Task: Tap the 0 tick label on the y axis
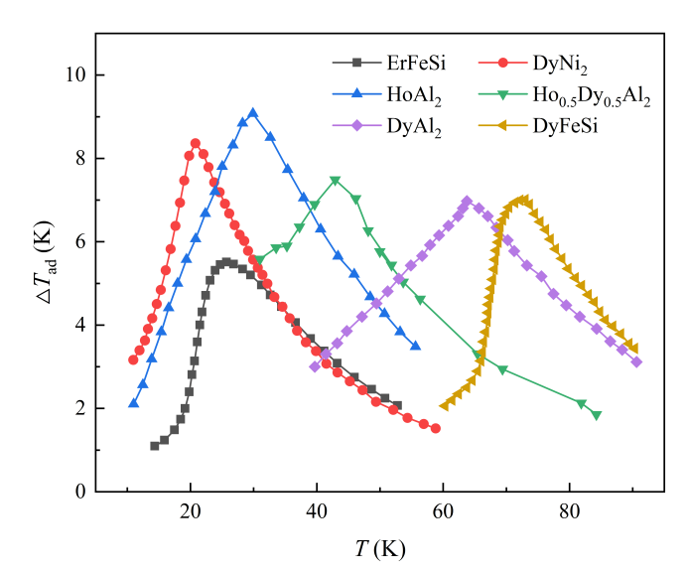(x=78, y=492)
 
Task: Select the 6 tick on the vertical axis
(x=78, y=242)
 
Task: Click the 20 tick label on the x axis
(x=191, y=513)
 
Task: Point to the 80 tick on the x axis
(x=570, y=513)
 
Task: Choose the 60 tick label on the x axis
(x=444, y=513)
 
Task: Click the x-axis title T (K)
(x=380, y=548)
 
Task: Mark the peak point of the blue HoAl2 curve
(x=253, y=113)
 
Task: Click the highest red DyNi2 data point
(x=196, y=144)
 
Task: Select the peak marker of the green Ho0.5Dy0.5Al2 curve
(x=336, y=181)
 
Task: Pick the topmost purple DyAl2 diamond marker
(x=467, y=202)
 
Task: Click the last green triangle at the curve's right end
(x=597, y=415)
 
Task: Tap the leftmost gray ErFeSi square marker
(x=155, y=446)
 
